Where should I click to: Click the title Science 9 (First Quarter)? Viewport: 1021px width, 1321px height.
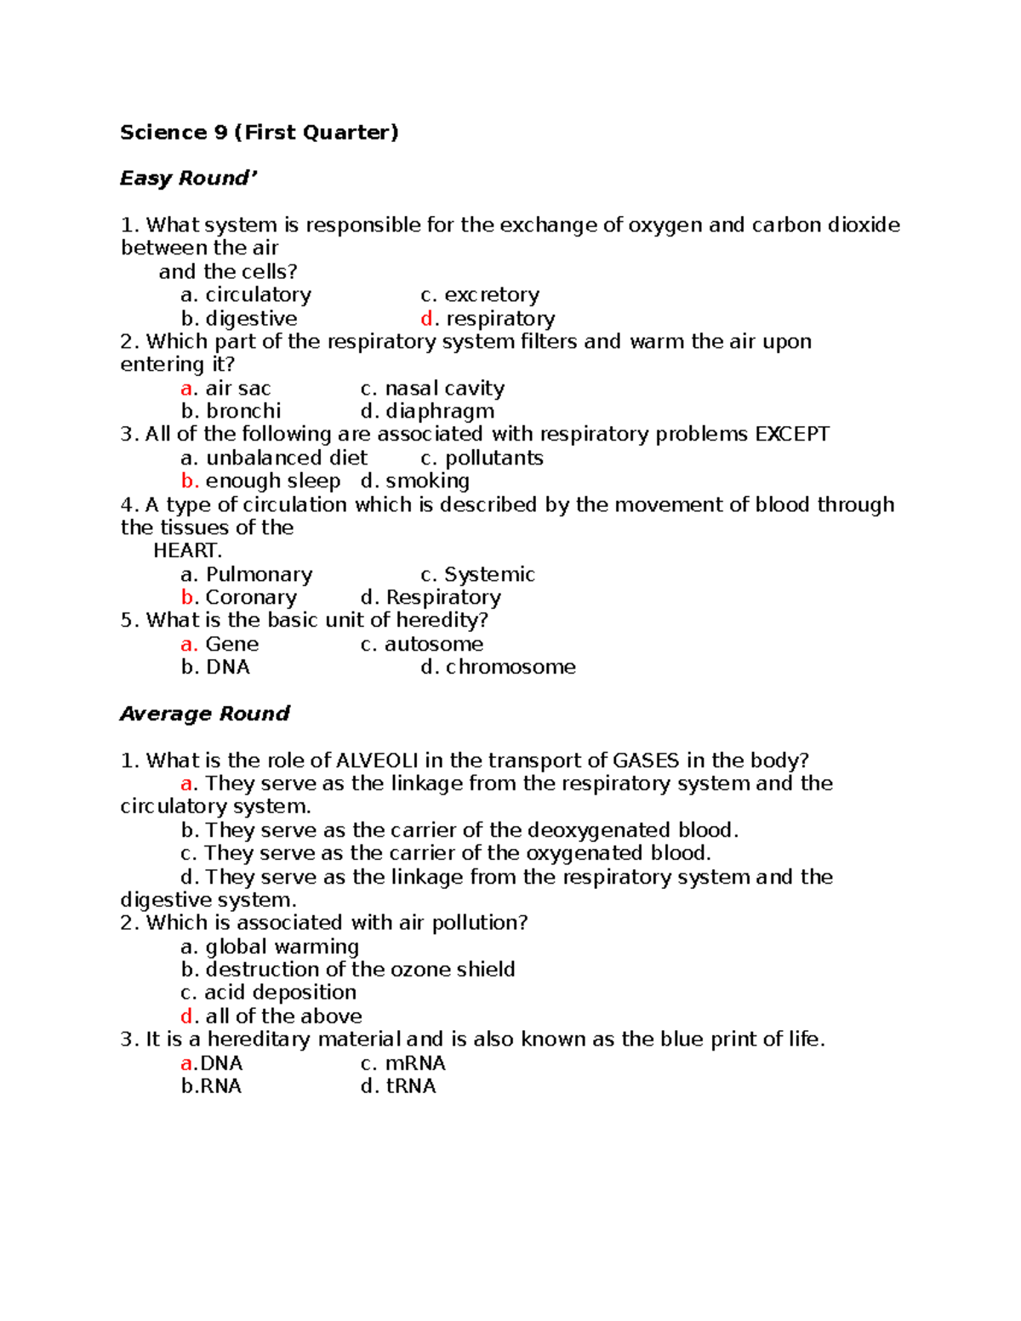tap(259, 133)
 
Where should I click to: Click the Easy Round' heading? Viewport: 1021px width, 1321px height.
tap(187, 179)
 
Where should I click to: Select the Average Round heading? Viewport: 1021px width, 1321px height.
tap(204, 714)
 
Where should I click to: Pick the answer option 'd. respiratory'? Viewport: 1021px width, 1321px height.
tap(488, 319)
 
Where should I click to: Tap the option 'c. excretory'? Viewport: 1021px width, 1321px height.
tap(480, 295)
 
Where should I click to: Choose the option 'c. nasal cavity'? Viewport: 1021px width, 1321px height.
tap(432, 389)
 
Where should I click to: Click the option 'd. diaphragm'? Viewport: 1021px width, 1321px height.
tap(427, 412)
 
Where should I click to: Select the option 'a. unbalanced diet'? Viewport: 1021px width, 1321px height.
tap(274, 458)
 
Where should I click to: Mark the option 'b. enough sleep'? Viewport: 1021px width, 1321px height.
tap(260, 481)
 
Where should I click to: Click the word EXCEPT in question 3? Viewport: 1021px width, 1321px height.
tap(792, 435)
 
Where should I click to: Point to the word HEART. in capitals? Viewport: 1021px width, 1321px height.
tap(187, 551)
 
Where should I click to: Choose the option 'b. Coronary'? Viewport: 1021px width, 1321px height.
tap(239, 598)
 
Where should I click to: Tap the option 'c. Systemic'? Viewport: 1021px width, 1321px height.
tap(477, 575)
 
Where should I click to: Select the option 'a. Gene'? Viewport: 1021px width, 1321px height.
tap(220, 645)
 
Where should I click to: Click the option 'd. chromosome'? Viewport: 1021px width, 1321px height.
tap(498, 668)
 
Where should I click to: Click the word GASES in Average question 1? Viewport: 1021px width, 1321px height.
tap(646, 760)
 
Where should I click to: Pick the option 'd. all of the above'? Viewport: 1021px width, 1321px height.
tap(271, 1016)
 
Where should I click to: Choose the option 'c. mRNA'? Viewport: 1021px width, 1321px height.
tap(402, 1063)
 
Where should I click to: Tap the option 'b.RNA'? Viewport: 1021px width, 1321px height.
tap(211, 1086)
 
